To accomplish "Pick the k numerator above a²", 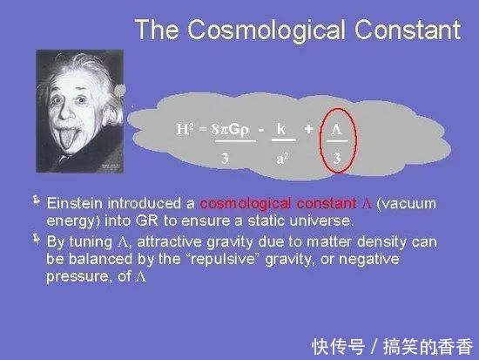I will pyautogui.click(x=281, y=129).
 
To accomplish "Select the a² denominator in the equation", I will pyautogui.click(x=283, y=158).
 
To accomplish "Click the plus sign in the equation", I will pyautogui.click(x=307, y=129).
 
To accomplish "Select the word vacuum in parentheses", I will pyautogui.click(x=401, y=203).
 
